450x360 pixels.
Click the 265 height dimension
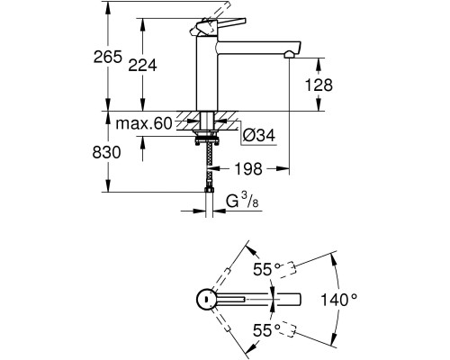click(108, 57)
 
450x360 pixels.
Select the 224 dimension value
click(142, 65)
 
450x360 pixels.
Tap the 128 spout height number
click(319, 85)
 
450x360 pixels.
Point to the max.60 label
click(144, 123)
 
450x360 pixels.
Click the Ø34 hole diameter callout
click(258, 136)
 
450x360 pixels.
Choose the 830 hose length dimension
click(106, 152)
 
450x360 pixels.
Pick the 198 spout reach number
click(248, 169)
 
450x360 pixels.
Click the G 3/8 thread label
click(242, 201)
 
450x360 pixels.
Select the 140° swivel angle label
click(339, 300)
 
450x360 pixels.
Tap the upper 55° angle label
click(266, 269)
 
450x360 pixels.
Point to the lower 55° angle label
click(266, 330)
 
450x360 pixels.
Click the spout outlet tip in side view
click(289, 55)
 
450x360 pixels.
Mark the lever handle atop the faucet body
click(218, 26)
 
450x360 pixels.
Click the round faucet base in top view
click(206, 299)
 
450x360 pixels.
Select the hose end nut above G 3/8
click(209, 190)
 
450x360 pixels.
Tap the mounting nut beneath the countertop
click(206, 140)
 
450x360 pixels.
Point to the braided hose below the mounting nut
click(209, 166)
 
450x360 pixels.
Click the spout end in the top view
click(300, 300)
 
